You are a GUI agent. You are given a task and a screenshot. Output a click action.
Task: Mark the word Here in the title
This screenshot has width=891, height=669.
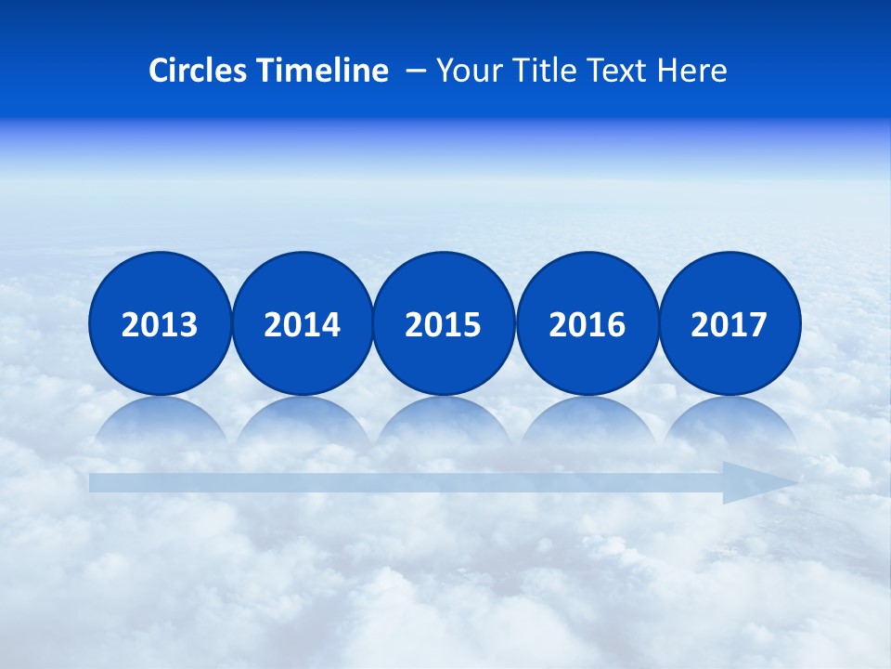coord(692,71)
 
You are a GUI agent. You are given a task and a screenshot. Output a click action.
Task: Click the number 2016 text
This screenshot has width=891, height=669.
coord(587,325)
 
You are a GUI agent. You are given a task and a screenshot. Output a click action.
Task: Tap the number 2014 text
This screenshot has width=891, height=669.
coord(302,325)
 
